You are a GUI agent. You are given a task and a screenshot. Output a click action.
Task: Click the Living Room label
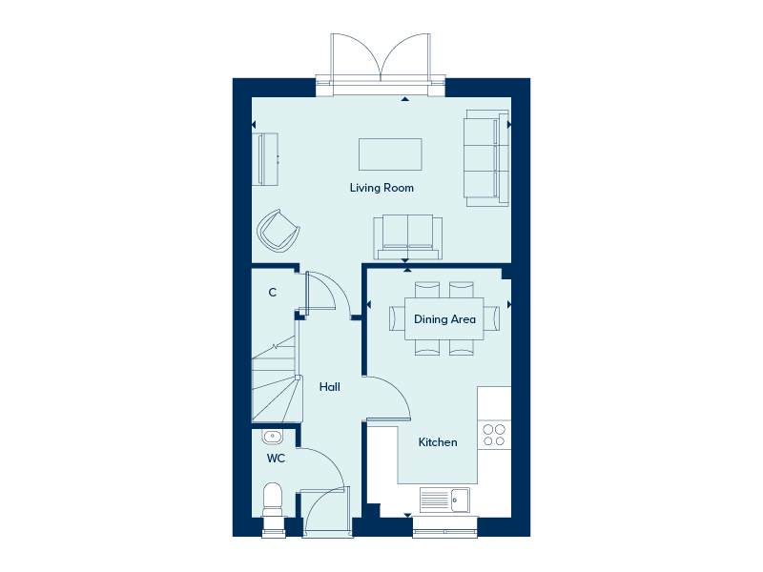(x=381, y=188)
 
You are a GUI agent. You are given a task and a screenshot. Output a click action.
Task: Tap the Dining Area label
(x=444, y=319)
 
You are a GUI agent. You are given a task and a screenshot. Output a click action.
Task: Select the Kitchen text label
(x=438, y=442)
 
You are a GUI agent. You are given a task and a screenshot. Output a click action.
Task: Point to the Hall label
(x=330, y=387)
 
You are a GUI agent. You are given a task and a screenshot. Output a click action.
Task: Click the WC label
(x=276, y=459)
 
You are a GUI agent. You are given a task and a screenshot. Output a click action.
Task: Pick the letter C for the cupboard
(x=273, y=293)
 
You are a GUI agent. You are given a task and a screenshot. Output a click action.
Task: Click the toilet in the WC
(x=273, y=500)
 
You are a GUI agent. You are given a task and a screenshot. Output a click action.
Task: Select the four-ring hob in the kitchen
(x=494, y=435)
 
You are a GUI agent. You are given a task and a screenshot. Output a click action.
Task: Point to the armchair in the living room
(x=278, y=230)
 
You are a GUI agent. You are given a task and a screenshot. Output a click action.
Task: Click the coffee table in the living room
(x=390, y=154)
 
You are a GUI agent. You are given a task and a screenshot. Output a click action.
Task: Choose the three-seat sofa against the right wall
(x=483, y=157)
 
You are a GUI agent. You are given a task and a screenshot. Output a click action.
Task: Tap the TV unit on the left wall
(x=266, y=159)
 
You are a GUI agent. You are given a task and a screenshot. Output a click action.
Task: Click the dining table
(x=444, y=319)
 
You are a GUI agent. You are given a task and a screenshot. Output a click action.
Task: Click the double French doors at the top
(x=381, y=59)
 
